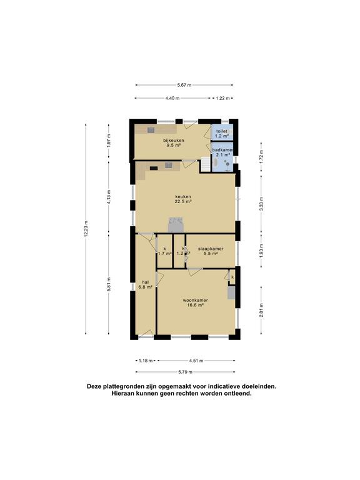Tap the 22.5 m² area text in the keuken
[183, 202]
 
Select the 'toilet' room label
[221, 131]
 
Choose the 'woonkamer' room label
[196, 300]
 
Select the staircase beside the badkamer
[206, 164]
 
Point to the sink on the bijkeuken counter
[151, 129]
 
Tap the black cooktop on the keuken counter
[154, 167]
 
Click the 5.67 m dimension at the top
[184, 85]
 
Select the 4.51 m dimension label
[196, 361]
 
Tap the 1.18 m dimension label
[144, 361]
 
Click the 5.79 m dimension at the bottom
[183, 372]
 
